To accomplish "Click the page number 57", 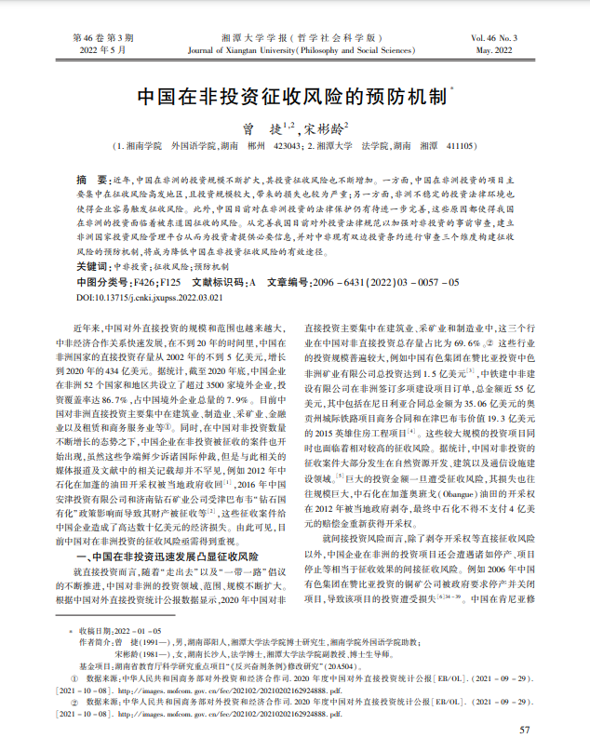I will pos(525,730).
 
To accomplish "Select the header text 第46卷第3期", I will pos(102,38).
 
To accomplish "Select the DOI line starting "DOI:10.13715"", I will pos(149,296).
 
